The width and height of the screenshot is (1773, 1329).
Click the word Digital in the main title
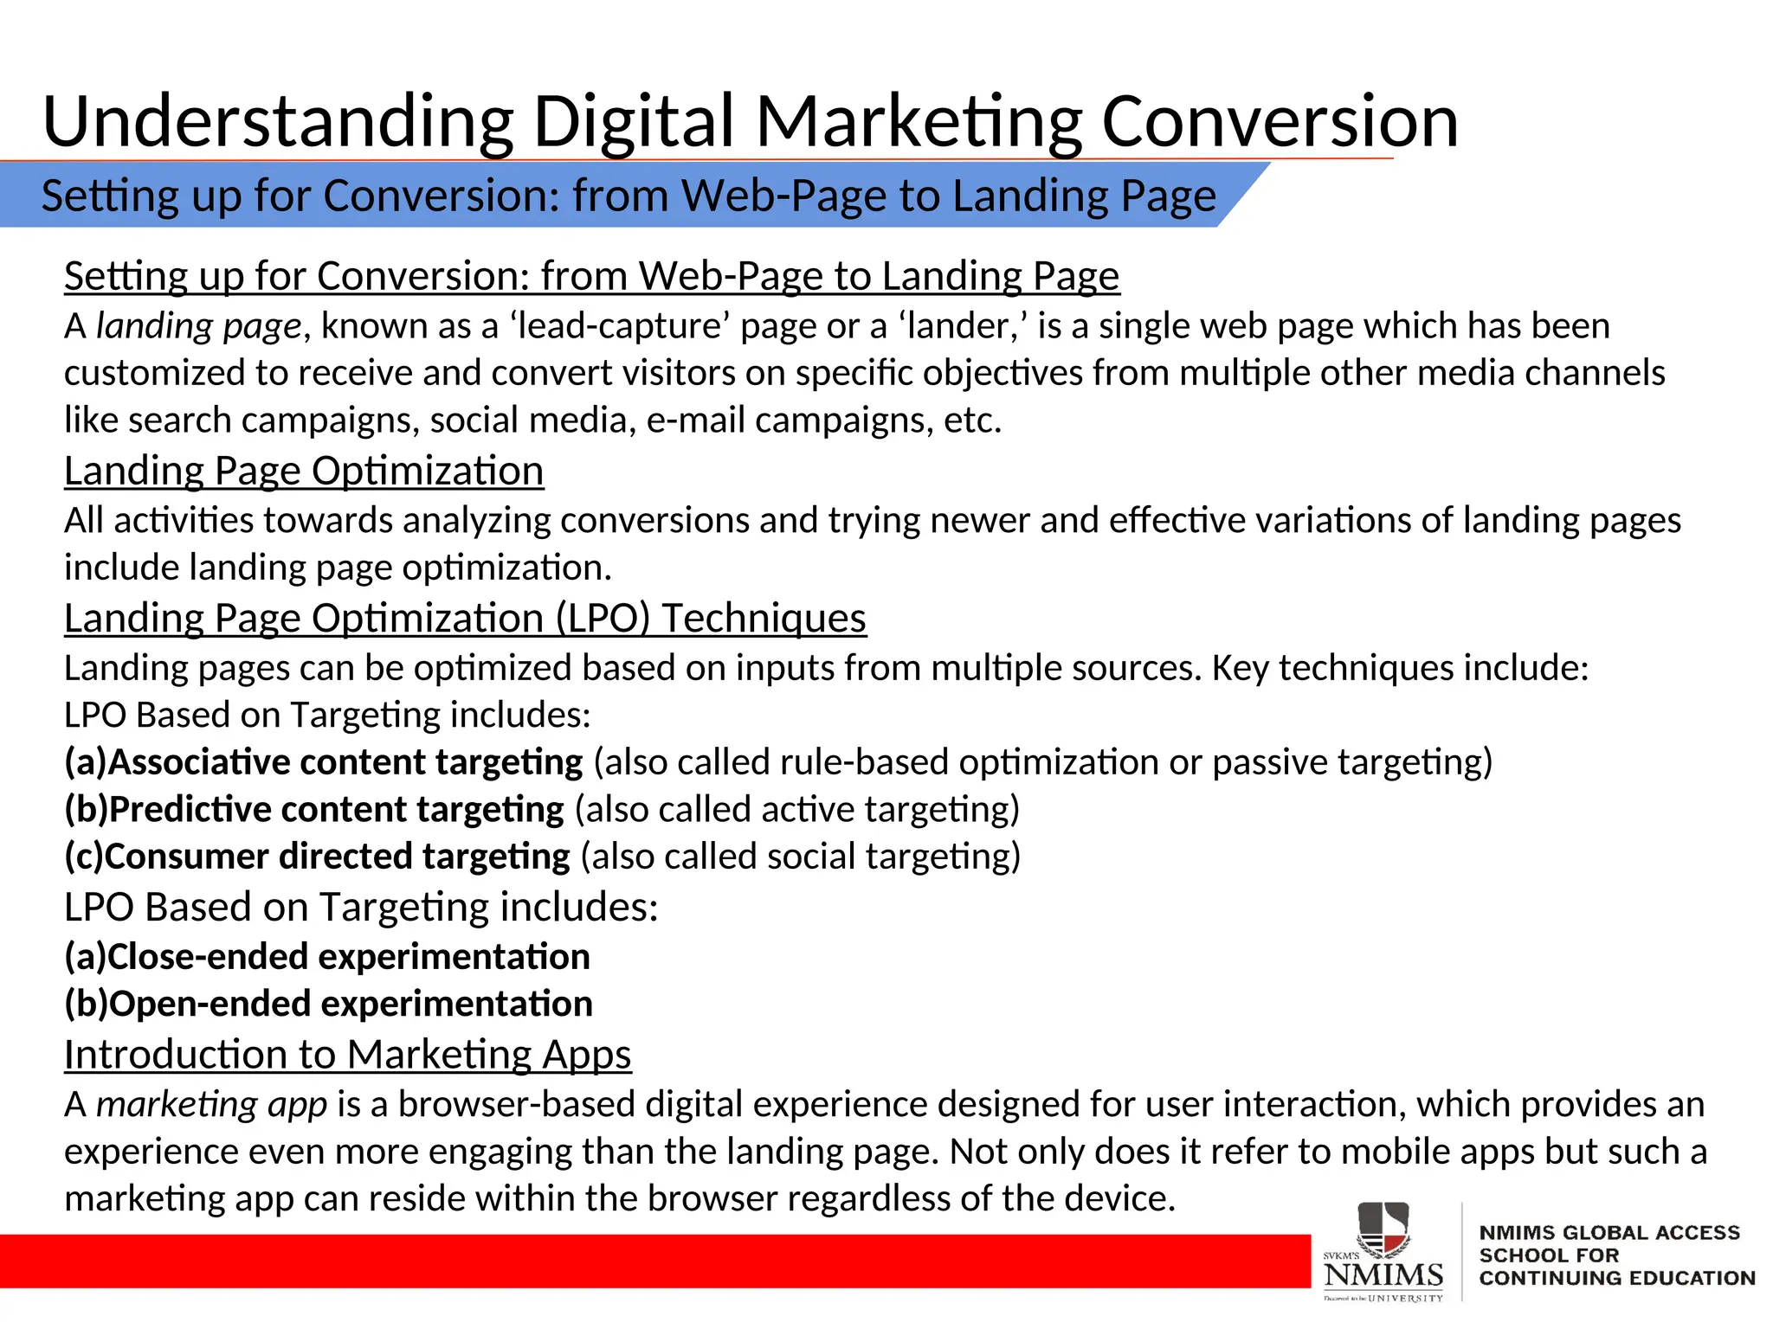634,121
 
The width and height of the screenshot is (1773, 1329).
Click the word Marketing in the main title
919,121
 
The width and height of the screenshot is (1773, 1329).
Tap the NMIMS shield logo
1383,1229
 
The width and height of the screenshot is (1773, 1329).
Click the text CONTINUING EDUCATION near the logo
1616,1278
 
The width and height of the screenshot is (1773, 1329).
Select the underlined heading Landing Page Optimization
304,472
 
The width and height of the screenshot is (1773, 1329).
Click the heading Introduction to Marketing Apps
347,1055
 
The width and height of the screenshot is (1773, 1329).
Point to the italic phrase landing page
198,326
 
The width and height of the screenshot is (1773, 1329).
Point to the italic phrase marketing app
211,1105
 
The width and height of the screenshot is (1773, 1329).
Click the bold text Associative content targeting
345,762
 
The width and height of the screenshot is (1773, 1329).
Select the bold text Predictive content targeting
336,810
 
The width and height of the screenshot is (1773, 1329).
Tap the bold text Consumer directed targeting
338,857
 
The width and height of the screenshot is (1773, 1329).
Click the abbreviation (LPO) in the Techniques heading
602,619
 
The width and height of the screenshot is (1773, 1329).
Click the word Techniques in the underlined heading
764,619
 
